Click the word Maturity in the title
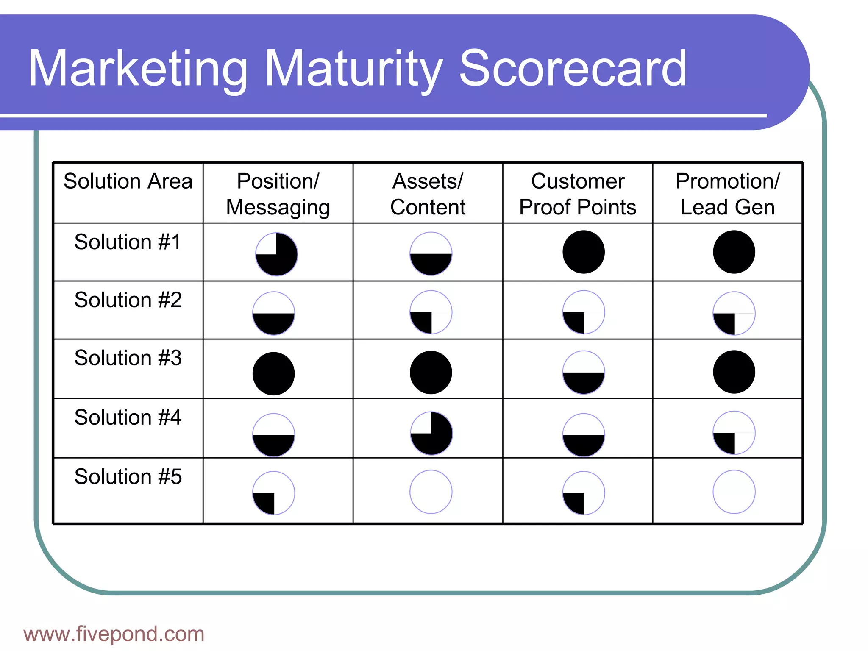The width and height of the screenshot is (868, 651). tap(354, 69)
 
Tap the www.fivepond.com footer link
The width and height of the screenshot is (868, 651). tap(114, 634)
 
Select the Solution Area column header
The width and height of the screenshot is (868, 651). tap(128, 181)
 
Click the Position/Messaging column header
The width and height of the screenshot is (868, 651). tap(278, 194)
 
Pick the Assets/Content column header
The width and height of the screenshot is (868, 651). tap(428, 194)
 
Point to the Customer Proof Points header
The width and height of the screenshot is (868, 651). tap(578, 194)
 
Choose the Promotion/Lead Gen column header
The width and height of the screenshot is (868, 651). tap(727, 194)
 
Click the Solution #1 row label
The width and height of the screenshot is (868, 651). tap(128, 242)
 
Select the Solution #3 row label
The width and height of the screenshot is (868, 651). tap(128, 358)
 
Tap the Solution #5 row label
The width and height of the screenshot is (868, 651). tap(128, 477)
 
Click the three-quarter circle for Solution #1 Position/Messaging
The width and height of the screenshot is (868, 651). tap(276, 254)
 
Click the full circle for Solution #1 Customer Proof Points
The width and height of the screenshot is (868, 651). tap(584, 252)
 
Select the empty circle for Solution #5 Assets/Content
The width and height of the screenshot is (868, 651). tap(431, 492)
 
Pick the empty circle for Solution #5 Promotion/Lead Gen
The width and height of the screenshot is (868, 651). tap(734, 492)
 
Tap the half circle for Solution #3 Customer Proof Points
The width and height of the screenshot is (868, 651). tap(584, 373)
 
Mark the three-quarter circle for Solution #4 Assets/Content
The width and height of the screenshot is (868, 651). tap(431, 433)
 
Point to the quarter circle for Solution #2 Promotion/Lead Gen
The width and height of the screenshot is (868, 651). tap(734, 314)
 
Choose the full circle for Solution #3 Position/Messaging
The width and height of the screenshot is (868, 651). tap(274, 374)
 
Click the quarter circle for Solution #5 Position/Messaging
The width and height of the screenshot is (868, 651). tap(274, 493)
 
